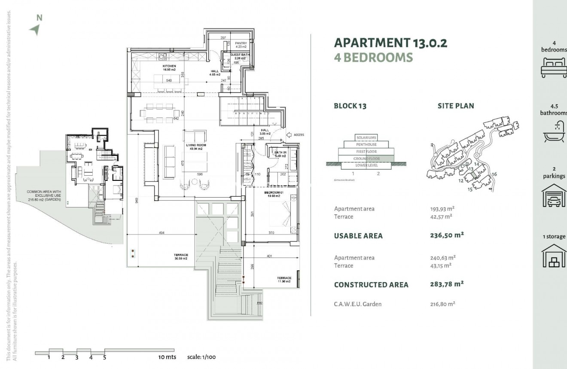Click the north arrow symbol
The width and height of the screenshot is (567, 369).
click(36, 29)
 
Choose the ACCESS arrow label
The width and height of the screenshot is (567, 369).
click(299, 135)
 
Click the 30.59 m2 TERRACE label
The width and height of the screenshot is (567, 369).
click(181, 256)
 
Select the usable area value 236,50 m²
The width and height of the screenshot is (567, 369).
click(447, 235)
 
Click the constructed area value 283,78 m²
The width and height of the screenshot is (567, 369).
click(447, 284)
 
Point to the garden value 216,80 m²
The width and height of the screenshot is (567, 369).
click(442, 304)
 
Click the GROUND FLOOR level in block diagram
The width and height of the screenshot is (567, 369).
click(366, 159)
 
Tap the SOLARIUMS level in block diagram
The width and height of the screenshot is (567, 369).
click(366, 137)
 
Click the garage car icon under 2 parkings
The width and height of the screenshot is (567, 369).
click(554, 196)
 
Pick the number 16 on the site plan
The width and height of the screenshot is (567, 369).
click(494, 174)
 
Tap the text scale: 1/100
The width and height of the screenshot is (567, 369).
click(201, 357)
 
